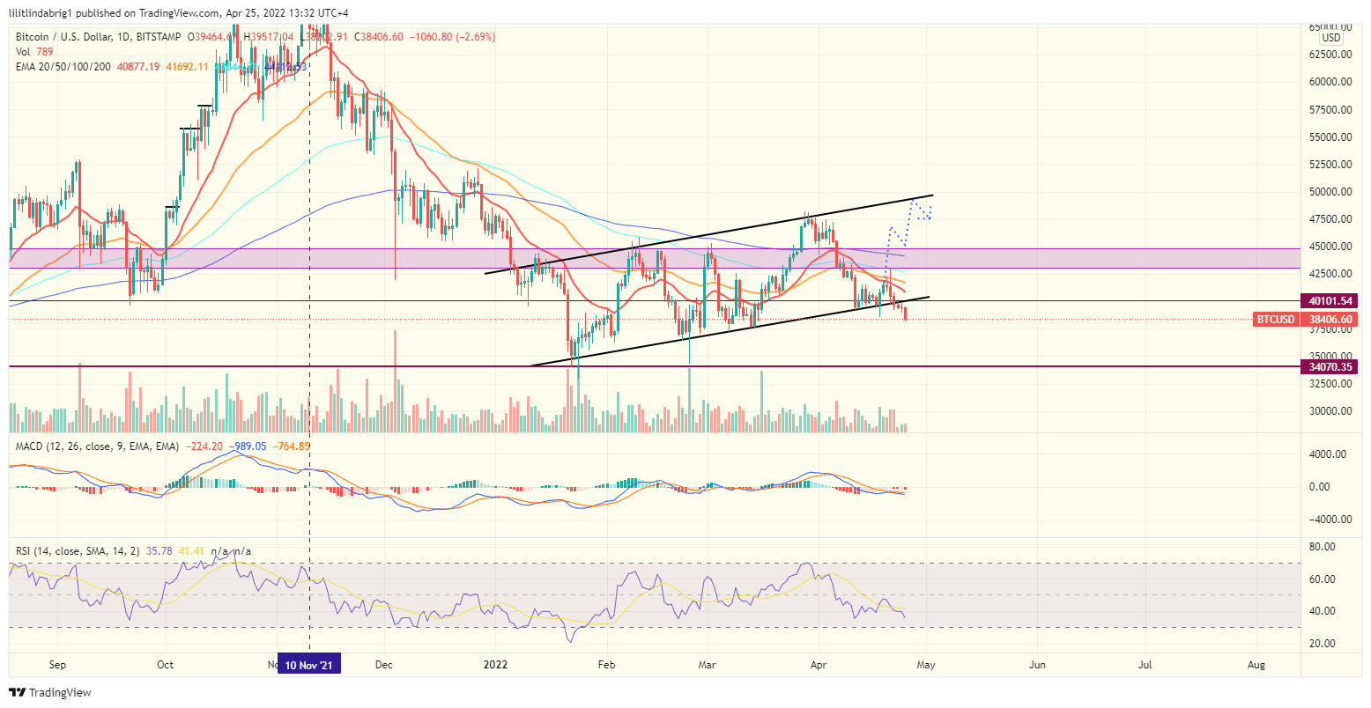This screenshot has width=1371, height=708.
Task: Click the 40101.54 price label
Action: pyautogui.click(x=1330, y=301)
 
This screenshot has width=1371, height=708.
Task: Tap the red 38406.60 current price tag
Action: pyautogui.click(x=1330, y=320)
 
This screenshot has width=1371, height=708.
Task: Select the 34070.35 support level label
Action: pyautogui.click(x=1330, y=366)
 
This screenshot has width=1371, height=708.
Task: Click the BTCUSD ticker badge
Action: pyautogui.click(x=1275, y=320)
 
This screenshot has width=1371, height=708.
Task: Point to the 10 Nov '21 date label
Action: pyautogui.click(x=308, y=664)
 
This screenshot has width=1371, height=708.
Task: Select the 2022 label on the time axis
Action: pyautogui.click(x=496, y=664)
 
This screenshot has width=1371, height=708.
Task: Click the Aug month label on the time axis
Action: pyautogui.click(x=1257, y=664)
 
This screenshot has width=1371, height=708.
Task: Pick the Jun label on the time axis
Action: pyautogui.click(x=1037, y=664)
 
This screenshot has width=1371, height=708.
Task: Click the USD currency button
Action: pyautogui.click(x=1330, y=38)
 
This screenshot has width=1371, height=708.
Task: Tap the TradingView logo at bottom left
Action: pyautogui.click(x=49, y=693)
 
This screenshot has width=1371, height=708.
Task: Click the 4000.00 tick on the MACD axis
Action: pyautogui.click(x=1326, y=454)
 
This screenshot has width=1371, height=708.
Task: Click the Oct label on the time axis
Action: pyautogui.click(x=166, y=664)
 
